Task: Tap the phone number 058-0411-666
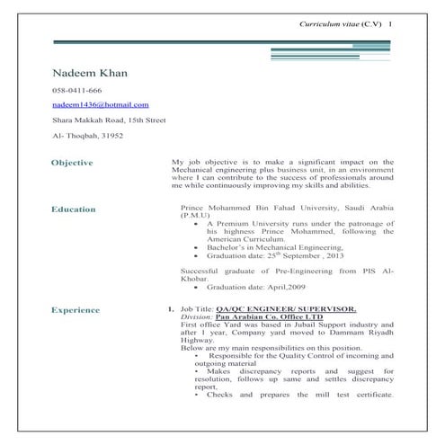point(76,92)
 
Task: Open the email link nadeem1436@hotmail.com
point(101,105)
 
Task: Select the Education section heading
point(73,209)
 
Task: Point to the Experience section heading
point(76,310)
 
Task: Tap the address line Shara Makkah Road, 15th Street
point(109,120)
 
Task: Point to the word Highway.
point(199,339)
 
